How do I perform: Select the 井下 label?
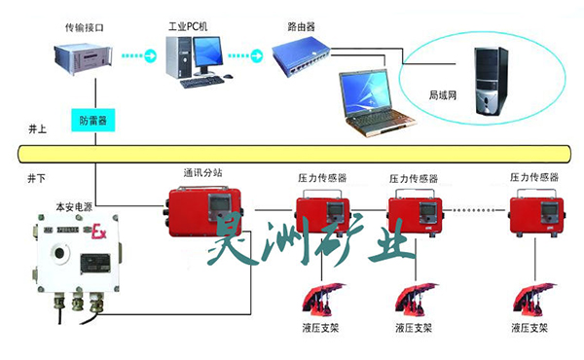click(37, 179)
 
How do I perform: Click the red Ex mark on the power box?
click(97, 233)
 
